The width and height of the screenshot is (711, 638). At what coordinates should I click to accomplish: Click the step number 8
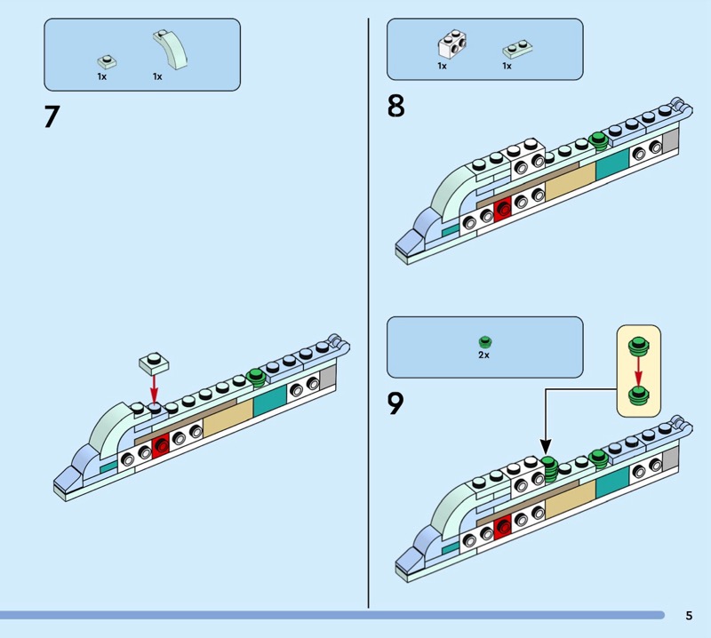[395, 107]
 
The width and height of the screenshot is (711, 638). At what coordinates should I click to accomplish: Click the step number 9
[395, 404]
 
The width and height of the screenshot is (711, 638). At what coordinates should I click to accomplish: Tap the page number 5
[689, 615]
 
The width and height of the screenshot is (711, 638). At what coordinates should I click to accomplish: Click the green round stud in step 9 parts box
[484, 341]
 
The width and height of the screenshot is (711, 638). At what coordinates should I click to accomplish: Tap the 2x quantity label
[484, 355]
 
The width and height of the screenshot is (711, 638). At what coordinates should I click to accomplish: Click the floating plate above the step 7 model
[154, 362]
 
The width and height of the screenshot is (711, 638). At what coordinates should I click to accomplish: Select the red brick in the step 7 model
[161, 444]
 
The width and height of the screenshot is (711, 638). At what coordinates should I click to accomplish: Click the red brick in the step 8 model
[503, 208]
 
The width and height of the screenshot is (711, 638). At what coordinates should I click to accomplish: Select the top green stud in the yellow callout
[637, 346]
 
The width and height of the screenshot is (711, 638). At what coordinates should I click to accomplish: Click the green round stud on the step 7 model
[257, 376]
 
